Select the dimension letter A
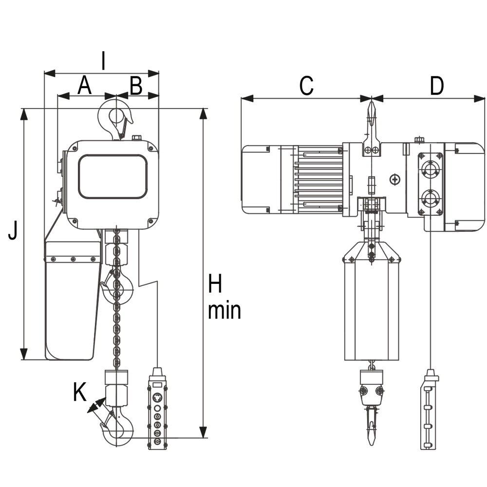coord(84,85)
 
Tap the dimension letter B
coord(136,85)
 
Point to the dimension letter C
coord(306,85)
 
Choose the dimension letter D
coord(437,85)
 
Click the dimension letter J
coord(13,230)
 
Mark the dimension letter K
coord(80,392)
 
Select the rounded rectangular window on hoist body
coord(112,176)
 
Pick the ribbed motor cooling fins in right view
coord(320,180)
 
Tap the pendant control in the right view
coord(430,410)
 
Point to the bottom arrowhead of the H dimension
coord(203,432)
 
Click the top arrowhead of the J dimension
coord(23,114)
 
